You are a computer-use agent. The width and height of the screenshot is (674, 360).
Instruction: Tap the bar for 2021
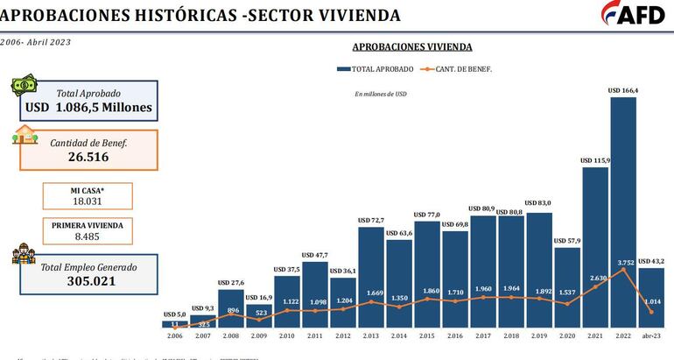pyautogui.click(x=594, y=245)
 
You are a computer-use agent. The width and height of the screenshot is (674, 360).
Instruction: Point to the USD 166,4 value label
pyautogui.click(x=622, y=90)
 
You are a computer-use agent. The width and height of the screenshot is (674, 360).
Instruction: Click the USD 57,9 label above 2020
pyautogui.click(x=566, y=240)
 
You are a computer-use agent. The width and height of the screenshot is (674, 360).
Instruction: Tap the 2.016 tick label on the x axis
pyautogui.click(x=454, y=335)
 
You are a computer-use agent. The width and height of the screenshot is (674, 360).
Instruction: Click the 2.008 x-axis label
pyautogui.click(x=230, y=335)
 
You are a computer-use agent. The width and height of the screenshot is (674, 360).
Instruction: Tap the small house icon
pyautogui.click(x=25, y=136)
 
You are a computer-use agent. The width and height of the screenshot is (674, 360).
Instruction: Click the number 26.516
pyautogui.click(x=90, y=157)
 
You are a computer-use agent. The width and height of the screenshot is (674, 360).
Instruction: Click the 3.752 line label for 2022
pyautogui.click(x=622, y=260)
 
